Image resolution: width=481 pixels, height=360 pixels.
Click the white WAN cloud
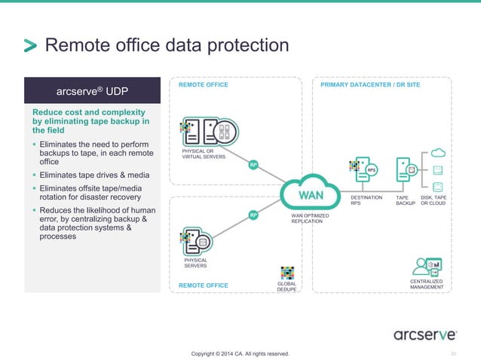(x=311, y=194)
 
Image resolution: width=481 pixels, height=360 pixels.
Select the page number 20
(x=453, y=353)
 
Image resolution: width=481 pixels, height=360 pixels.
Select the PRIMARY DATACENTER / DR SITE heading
(x=370, y=86)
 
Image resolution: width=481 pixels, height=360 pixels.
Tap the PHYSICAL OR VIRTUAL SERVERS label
(x=204, y=154)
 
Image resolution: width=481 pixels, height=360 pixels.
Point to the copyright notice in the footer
(x=240, y=353)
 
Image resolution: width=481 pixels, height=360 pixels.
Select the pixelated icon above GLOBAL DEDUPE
(x=287, y=272)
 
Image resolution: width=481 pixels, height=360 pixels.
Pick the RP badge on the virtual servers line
(x=255, y=163)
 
